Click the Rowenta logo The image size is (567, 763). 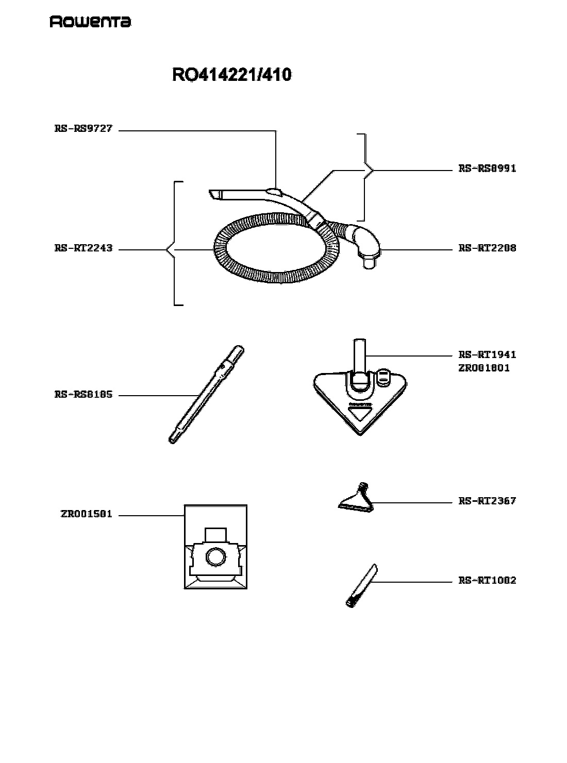tap(90, 22)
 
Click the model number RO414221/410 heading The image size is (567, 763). tap(231, 75)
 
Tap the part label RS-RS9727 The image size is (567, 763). tap(84, 129)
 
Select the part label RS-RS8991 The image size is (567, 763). tap(487, 168)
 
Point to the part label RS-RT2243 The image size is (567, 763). tap(84, 248)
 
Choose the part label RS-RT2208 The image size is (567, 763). tap(487, 248)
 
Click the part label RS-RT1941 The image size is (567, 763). tap(487, 354)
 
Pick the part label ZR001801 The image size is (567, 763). tap(484, 368)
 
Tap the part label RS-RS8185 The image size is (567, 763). tap(84, 394)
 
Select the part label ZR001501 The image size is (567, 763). tap(87, 514)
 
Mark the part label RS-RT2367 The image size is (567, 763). tap(487, 501)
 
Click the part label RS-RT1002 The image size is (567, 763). tap(487, 580)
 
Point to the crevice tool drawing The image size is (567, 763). tap(361, 585)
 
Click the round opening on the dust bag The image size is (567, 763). tap(216, 557)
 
